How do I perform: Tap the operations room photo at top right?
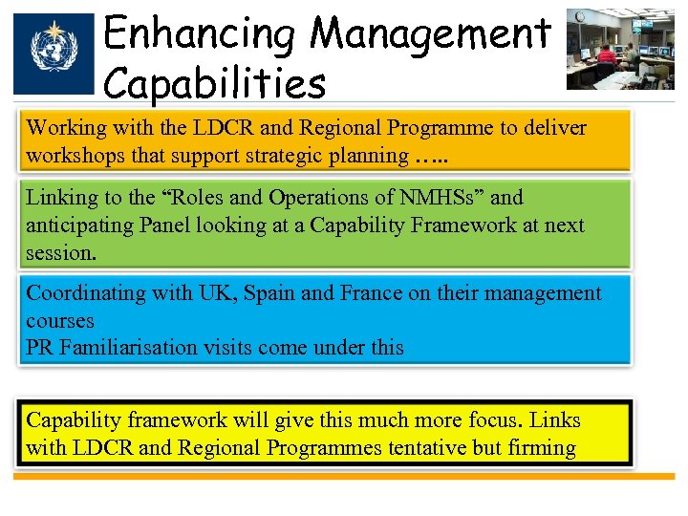coord(619,49)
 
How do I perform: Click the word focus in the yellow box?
coord(495,420)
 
